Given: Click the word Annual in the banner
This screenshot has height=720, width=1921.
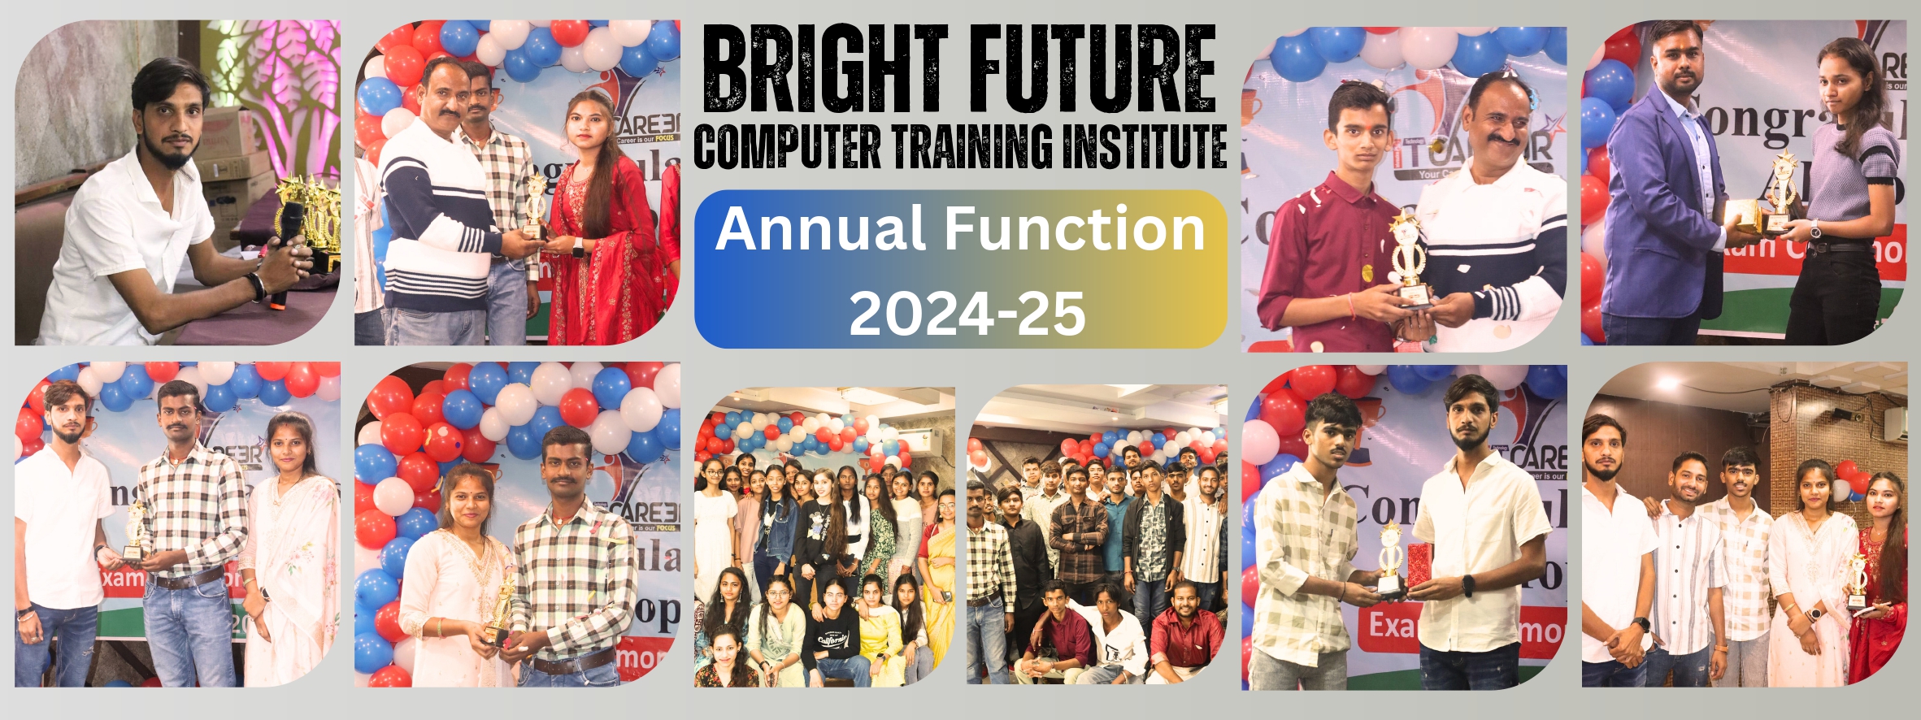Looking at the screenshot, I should coord(820,229).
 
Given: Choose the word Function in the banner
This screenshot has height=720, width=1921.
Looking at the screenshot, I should coord(1074,229).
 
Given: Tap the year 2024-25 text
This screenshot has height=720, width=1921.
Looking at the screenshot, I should coord(967,314).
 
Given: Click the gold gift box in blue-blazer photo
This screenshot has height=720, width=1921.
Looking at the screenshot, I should coord(1742,216).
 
